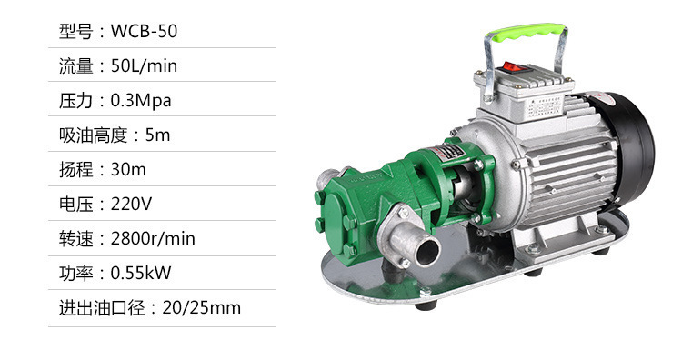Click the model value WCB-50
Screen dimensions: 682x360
click(144, 31)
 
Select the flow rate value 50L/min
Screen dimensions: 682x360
click(144, 66)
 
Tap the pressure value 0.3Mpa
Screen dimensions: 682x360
click(141, 100)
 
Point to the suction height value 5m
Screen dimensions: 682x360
click(157, 135)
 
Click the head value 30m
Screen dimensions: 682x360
click(128, 170)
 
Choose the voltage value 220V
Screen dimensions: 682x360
click(131, 204)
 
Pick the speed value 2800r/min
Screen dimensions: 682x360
click(153, 238)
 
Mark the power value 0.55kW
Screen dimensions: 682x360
click(141, 273)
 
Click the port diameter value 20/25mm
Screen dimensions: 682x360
click(201, 307)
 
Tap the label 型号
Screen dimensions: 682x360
click(76, 31)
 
